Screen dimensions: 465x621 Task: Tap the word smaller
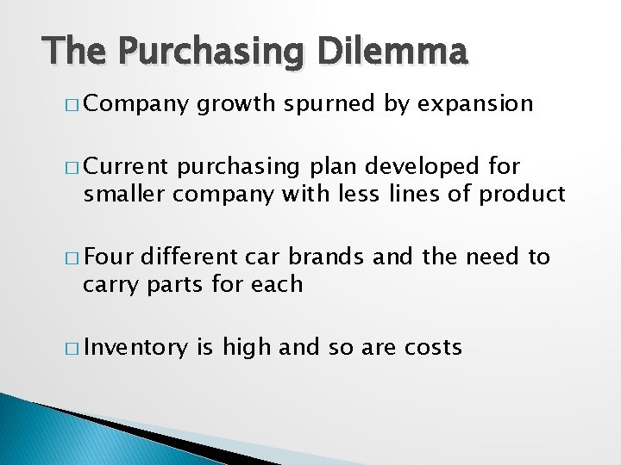[125, 195]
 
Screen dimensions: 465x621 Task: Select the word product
[523, 195]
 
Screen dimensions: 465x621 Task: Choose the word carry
[110, 284]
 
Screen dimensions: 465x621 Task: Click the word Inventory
[135, 348]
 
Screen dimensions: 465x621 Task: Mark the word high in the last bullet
[246, 348]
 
